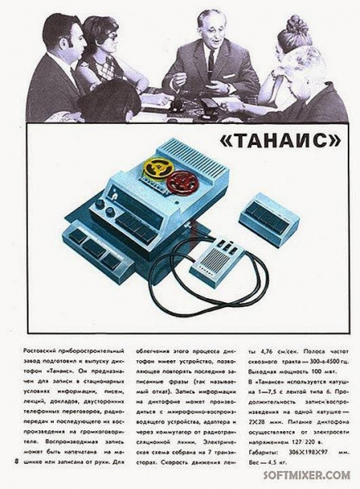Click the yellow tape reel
(x=156, y=170)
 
